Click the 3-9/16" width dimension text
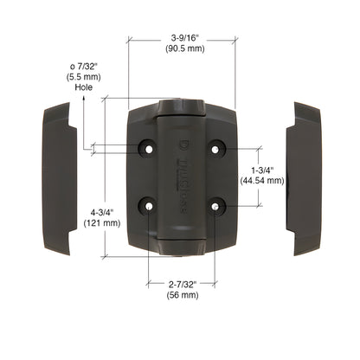coord(185,38)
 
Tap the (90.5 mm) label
coord(185,48)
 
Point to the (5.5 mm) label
coord(83,77)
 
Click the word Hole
coord(84,87)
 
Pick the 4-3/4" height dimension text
coord(102,213)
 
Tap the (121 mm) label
coord(102,223)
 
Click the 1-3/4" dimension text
coord(262,170)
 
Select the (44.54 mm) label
coord(262,181)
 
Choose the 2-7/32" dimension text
coord(183,285)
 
